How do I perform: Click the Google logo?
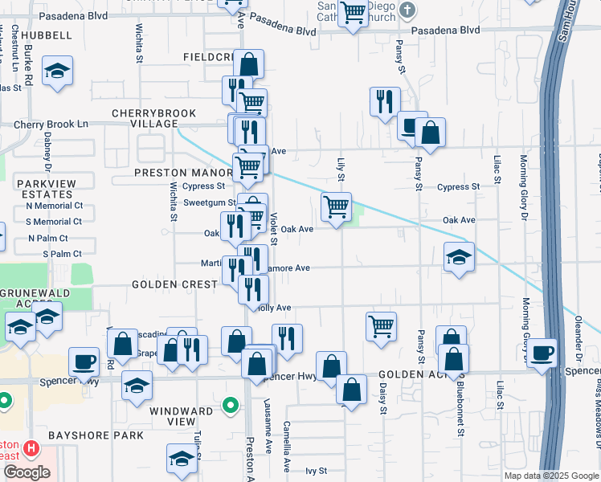[26, 472]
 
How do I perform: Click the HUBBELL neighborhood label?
[47, 35]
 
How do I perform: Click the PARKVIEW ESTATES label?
[47, 189]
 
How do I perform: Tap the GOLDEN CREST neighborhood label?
[176, 285]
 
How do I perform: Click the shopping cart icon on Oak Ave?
[336, 206]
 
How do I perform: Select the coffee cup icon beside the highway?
[542, 353]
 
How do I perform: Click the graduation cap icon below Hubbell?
[58, 70]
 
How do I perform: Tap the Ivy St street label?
[316, 471]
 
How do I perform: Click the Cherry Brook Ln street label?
[51, 125]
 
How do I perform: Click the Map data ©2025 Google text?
[551, 476]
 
